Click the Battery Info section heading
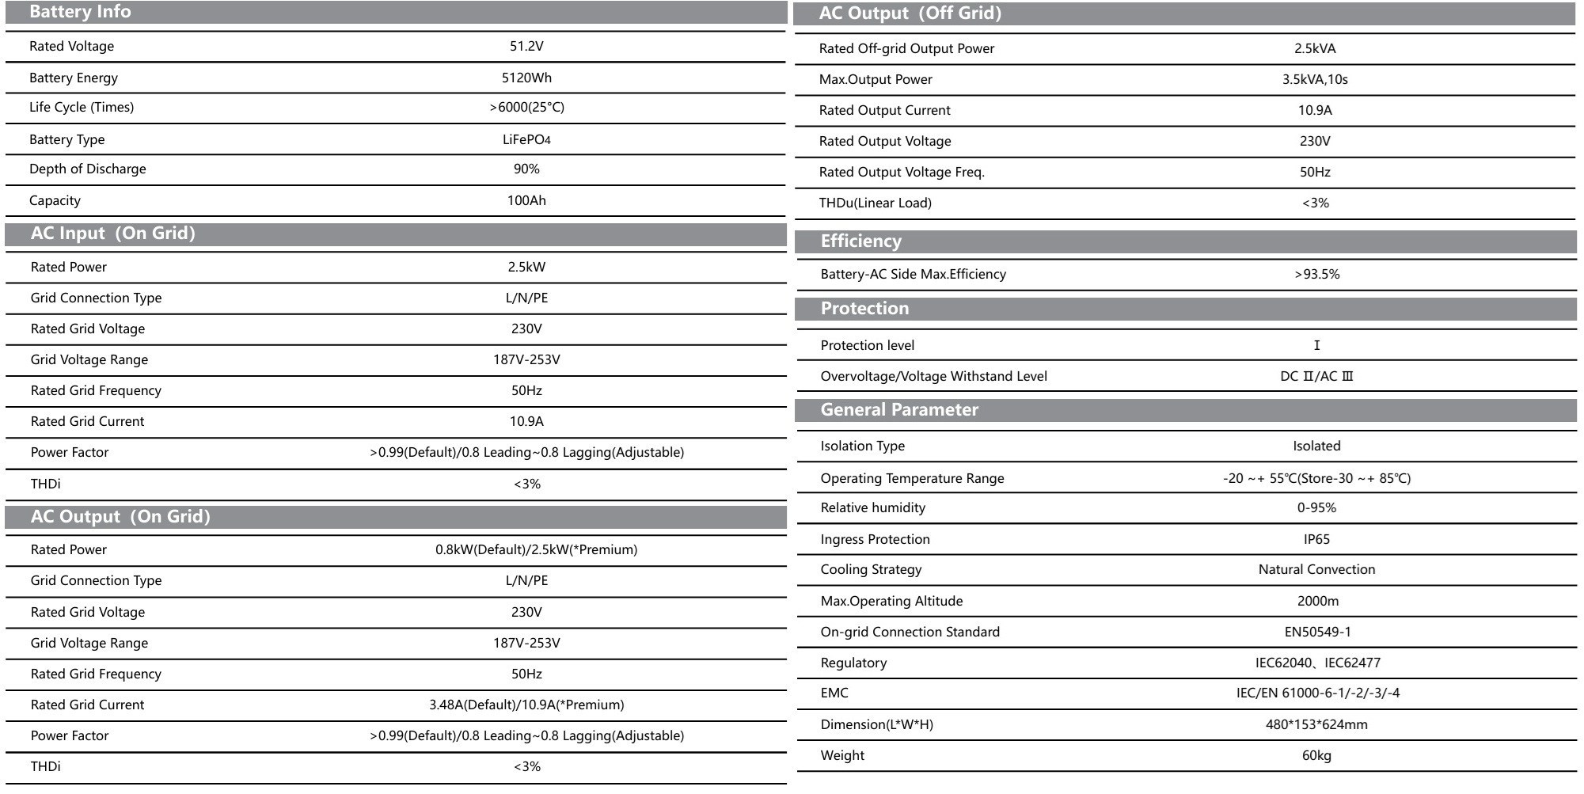tap(80, 12)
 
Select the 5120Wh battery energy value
tap(526, 78)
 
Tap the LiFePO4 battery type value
tap(526, 139)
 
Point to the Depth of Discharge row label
tap(88, 169)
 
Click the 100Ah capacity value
tap(526, 200)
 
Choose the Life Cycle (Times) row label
tap(82, 107)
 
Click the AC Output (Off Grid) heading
tap(910, 13)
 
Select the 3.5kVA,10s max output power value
tap(1315, 79)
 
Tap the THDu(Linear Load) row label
tap(875, 203)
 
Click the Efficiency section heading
tap(860, 241)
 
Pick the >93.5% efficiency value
tap(1316, 274)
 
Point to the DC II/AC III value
tap(1316, 376)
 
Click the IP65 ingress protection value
tap(1316, 539)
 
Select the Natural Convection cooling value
tap(1316, 569)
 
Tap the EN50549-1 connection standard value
tap(1317, 632)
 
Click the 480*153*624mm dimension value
tap(1316, 724)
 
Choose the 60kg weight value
tap(1316, 755)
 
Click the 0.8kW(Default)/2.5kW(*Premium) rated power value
tap(536, 549)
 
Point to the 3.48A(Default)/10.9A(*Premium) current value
tap(526, 705)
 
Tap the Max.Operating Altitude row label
tap(891, 601)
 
